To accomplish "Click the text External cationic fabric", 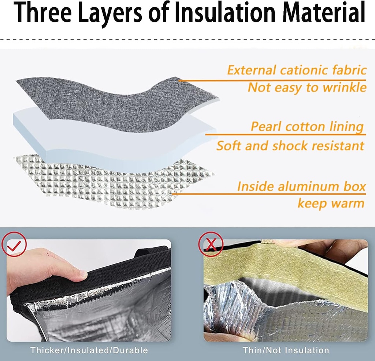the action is coord(297,70).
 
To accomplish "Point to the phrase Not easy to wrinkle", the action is coord(307,87).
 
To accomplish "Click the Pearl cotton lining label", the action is coord(307,127).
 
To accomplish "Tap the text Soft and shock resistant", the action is coord(290,146).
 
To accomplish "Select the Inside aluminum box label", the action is coord(301,186).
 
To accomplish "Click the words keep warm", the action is coord(331,204).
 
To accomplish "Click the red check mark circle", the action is coord(14,244).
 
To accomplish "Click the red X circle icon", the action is coord(211,244).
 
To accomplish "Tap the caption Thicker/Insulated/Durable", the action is coord(89,350).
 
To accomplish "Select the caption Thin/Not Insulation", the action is coord(286,350).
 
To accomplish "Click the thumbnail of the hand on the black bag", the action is coord(89,290).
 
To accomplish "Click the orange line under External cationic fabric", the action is coord(272,80).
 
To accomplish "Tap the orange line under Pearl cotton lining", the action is coord(286,135).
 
